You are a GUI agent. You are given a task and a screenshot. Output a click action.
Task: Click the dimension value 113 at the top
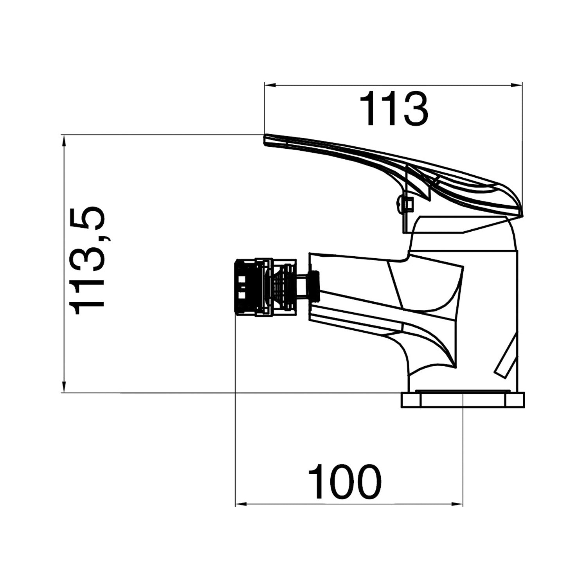394,109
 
